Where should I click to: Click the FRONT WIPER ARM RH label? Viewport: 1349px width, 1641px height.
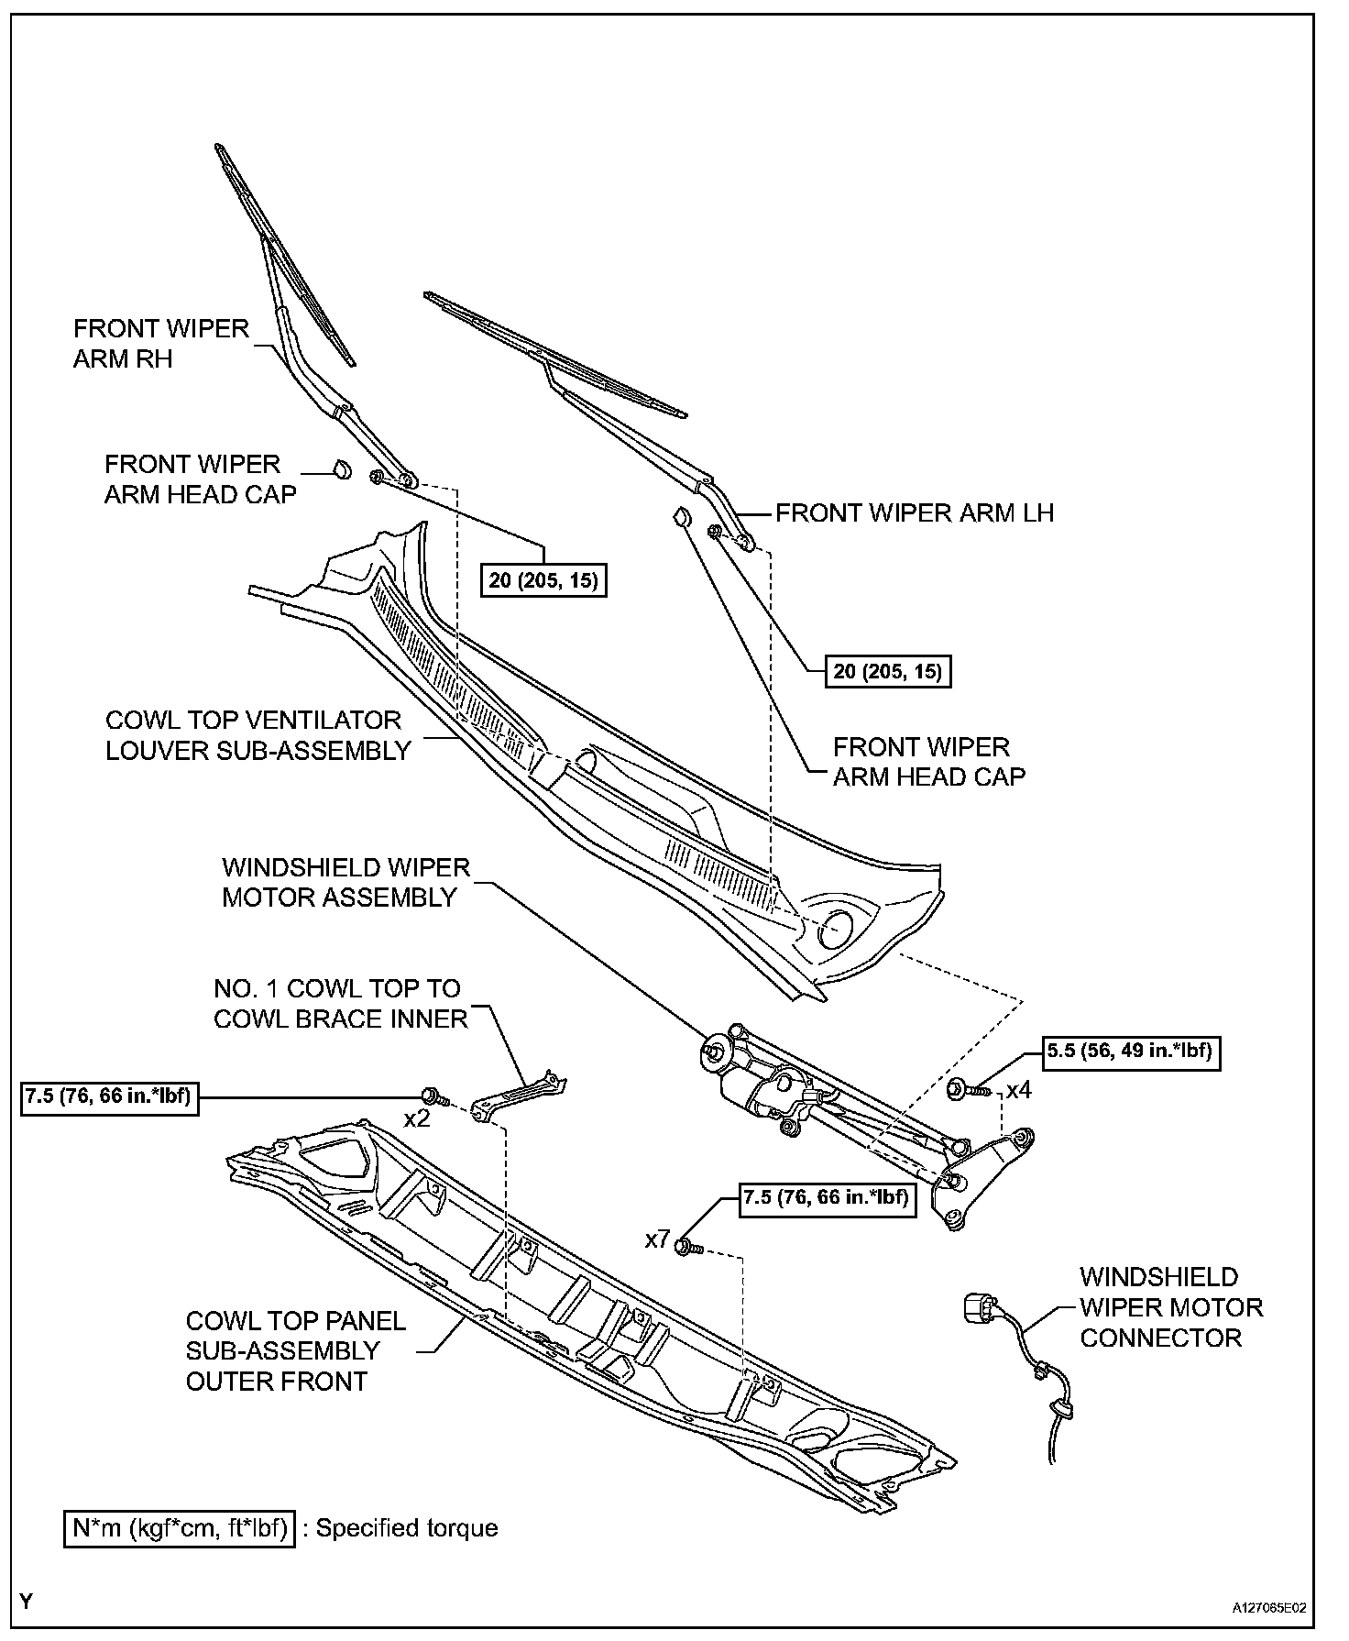tap(160, 344)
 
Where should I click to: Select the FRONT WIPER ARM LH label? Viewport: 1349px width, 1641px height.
tap(915, 513)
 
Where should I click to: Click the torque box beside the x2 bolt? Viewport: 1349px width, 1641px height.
tap(109, 1097)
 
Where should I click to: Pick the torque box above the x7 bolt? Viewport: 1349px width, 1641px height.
tap(827, 1198)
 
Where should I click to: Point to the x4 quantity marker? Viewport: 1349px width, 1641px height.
tap(1018, 1091)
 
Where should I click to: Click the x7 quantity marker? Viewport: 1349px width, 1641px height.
tap(657, 1240)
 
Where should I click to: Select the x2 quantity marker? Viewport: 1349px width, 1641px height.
tap(417, 1119)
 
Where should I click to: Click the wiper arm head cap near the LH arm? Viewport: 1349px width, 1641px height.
tap(681, 518)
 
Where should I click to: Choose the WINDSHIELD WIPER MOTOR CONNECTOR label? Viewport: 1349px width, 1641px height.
tap(1170, 1307)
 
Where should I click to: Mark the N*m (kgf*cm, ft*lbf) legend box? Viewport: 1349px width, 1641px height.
tap(180, 1528)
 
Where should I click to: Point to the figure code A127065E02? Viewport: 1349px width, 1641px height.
tap(1268, 1608)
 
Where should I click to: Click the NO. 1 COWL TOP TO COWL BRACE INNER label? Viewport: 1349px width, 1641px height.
tap(340, 1004)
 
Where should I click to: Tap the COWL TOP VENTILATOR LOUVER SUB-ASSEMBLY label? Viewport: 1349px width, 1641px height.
tap(258, 735)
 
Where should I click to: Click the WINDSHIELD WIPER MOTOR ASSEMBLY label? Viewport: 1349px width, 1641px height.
tap(345, 882)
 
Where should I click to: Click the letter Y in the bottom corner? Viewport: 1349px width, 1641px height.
tap(27, 1602)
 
